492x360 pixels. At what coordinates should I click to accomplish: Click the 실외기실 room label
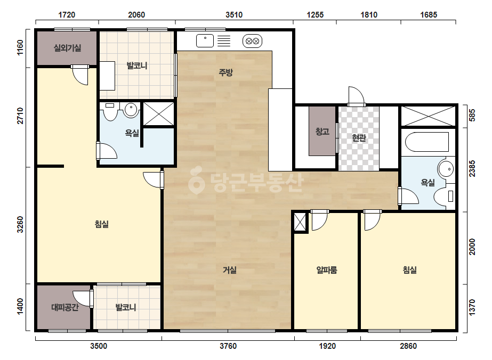(x=68, y=48)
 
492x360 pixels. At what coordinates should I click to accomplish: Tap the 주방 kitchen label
(x=225, y=72)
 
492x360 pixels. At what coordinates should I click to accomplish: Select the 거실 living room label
(x=230, y=269)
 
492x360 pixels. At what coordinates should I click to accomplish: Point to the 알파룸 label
(x=327, y=269)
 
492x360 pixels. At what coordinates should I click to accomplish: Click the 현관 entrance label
(x=359, y=138)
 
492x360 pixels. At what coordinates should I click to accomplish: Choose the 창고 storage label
(x=322, y=132)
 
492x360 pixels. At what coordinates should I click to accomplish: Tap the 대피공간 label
(x=64, y=307)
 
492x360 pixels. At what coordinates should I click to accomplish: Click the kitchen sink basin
(x=205, y=41)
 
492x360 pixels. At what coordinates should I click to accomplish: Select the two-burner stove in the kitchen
(x=252, y=41)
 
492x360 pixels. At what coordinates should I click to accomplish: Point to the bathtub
(x=427, y=142)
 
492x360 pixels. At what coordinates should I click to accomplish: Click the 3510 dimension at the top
(x=234, y=15)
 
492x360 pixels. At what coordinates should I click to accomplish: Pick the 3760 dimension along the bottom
(x=228, y=346)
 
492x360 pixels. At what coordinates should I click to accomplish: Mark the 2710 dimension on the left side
(x=20, y=116)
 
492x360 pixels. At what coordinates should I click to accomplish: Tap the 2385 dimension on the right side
(x=472, y=169)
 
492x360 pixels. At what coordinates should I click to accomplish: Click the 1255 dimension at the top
(x=315, y=15)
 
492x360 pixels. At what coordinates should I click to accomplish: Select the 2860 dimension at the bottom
(x=408, y=346)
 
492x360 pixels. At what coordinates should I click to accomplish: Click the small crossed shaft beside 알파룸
(x=300, y=222)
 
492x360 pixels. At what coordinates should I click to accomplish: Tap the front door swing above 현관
(x=356, y=96)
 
